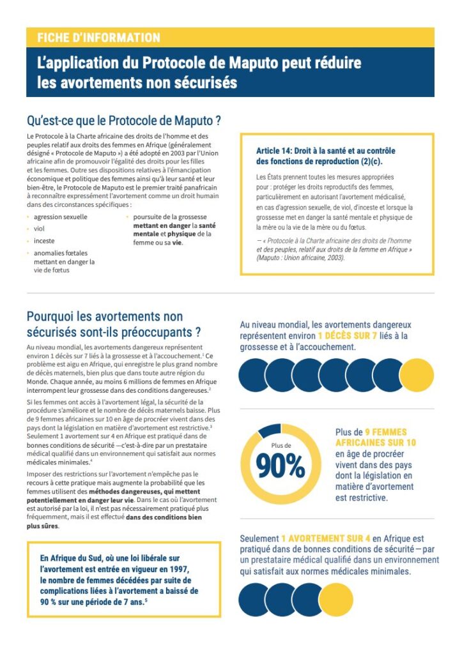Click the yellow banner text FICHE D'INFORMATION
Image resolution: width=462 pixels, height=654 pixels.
click(x=98, y=38)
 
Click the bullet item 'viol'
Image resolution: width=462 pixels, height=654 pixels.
click(x=39, y=229)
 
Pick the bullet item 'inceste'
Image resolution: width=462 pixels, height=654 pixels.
click(x=45, y=241)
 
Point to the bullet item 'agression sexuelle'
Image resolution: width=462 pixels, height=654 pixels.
click(x=61, y=217)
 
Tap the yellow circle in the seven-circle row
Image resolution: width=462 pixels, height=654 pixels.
click(x=416, y=375)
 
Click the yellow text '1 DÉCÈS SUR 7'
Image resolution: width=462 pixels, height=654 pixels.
click(x=348, y=335)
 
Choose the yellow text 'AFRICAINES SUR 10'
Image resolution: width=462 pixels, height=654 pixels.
click(x=376, y=442)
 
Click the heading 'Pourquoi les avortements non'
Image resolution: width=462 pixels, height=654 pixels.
click(x=105, y=317)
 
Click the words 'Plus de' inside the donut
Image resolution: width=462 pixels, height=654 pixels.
click(x=281, y=445)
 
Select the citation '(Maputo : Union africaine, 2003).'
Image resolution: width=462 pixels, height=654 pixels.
click(x=300, y=258)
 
